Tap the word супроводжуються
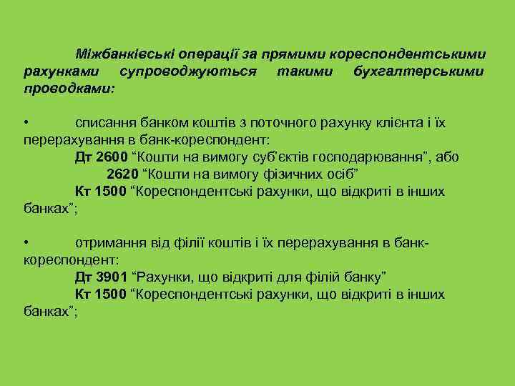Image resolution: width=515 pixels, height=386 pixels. (x=189, y=73)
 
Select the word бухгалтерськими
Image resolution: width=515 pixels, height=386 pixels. (x=418, y=73)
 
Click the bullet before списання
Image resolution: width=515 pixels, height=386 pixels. (x=26, y=122)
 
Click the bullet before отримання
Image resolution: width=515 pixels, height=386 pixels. (x=26, y=244)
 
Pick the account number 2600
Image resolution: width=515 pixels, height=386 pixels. (x=112, y=157)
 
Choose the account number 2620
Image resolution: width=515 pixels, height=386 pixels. (x=122, y=174)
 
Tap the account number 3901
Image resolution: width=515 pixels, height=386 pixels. (x=112, y=277)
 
